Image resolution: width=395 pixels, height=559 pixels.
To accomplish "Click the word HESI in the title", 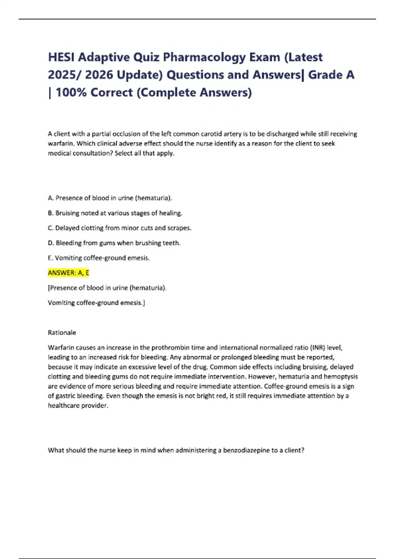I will coord(61,57).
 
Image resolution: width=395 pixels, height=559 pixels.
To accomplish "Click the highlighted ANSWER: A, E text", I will coord(68,273).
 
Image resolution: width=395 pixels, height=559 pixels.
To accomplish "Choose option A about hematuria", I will coord(110,198).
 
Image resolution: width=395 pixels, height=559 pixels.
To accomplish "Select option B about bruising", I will coord(115,213).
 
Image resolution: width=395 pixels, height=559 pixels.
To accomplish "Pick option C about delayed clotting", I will coord(119,228).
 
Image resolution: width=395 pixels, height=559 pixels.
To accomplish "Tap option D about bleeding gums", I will coord(114,243).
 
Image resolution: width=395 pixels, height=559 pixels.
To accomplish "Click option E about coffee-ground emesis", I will coord(99,258).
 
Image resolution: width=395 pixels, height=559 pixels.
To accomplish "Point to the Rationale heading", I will coord(62,332).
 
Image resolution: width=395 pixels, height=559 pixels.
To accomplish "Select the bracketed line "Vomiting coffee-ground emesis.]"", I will coord(96,303).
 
